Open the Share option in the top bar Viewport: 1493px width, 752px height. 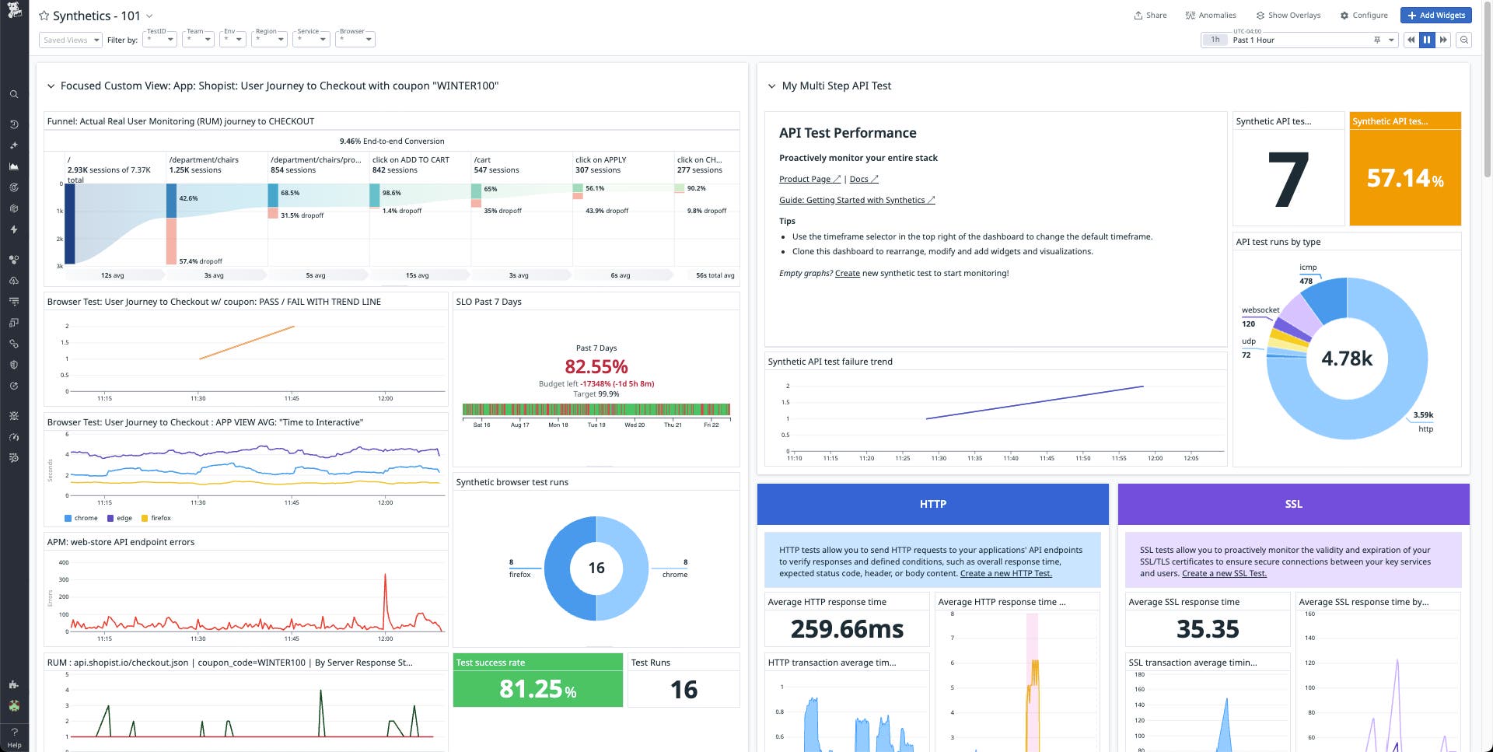[1150, 16]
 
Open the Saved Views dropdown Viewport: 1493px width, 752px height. [70, 40]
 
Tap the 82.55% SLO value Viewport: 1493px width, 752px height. [596, 367]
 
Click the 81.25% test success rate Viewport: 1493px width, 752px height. [537, 689]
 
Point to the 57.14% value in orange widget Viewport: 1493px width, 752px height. [1404, 179]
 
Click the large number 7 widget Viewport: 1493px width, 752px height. [1288, 180]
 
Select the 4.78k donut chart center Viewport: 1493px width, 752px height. [1347, 359]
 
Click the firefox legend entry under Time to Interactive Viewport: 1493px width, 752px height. [160, 518]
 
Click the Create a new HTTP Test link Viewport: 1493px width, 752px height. [1005, 573]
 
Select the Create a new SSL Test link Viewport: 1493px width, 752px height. [1224, 573]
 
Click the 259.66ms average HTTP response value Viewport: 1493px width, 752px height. [847, 628]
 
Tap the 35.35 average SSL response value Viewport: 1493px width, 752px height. [1207, 628]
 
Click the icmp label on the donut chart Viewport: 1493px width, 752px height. [1308, 268]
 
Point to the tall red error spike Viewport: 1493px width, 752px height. [385, 579]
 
